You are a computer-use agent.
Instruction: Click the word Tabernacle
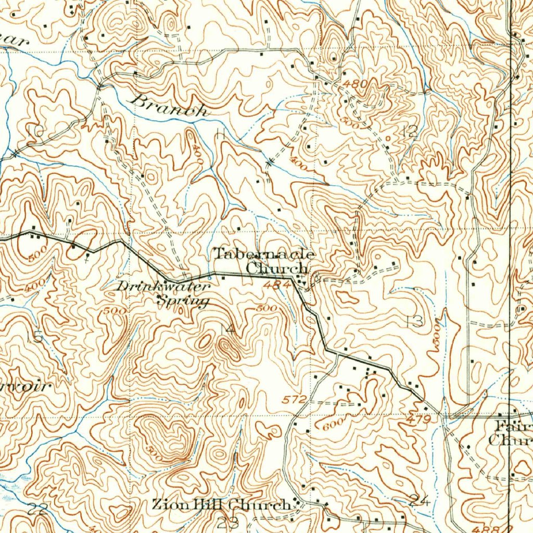point(264,254)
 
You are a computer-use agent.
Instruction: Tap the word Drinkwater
point(162,286)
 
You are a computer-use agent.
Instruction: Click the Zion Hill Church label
point(221,504)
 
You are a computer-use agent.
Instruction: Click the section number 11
point(220,134)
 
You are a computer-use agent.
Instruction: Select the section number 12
point(410,131)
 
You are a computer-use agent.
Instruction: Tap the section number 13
point(414,321)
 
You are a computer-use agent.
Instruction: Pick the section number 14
point(227,329)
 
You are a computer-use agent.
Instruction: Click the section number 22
point(37,510)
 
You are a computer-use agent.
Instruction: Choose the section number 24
point(419,501)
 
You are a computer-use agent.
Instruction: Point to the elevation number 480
point(355,83)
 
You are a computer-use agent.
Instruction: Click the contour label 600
point(334,424)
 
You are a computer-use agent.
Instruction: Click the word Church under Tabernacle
point(277,269)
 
